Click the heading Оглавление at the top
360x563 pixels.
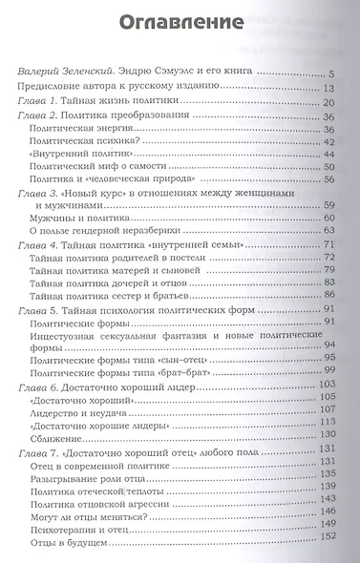point(179,21)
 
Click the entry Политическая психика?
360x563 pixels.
point(114,141)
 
